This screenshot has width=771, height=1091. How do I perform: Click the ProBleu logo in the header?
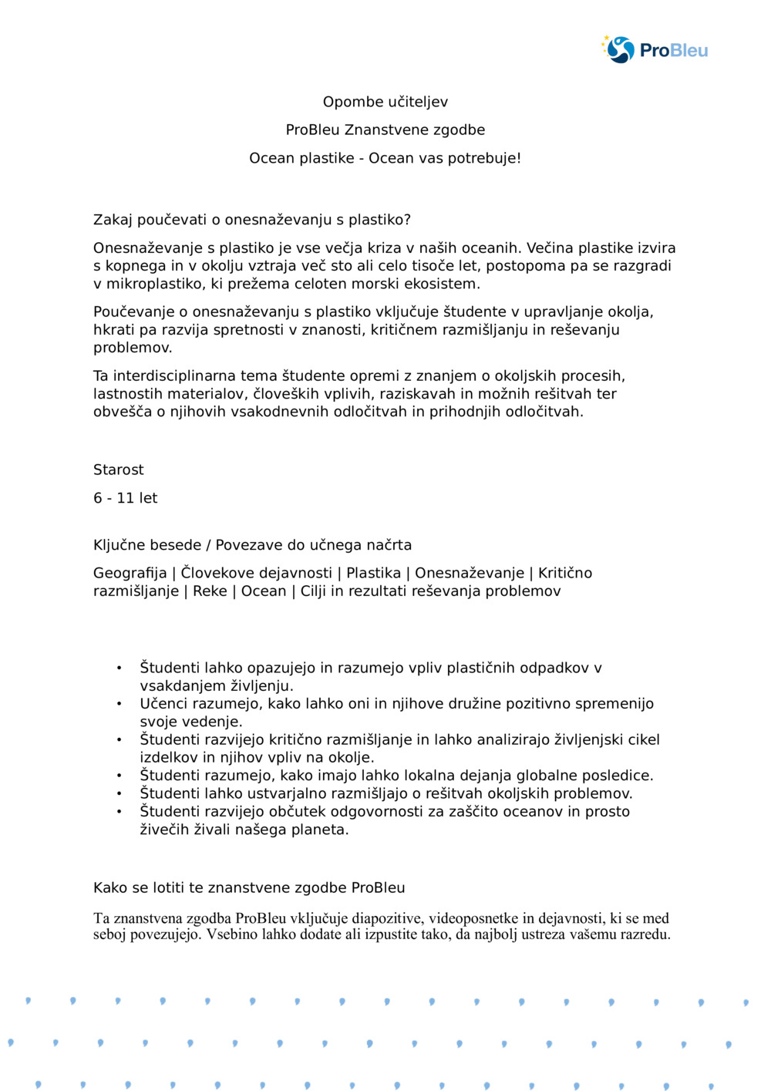tap(655, 50)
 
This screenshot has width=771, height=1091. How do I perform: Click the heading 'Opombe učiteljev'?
tap(385, 102)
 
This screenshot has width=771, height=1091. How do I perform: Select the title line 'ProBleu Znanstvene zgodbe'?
tap(385, 130)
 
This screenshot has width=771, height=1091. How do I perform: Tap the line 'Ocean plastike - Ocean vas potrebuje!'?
tap(385, 158)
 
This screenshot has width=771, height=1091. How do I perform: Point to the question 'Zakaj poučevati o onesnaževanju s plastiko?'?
tap(252, 220)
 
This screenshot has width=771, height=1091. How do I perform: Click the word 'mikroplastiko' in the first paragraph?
tap(151, 284)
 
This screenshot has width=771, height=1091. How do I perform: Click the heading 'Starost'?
tap(118, 470)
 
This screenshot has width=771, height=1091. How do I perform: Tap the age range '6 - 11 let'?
tap(125, 498)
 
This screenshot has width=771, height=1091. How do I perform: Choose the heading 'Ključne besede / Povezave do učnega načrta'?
tap(252, 545)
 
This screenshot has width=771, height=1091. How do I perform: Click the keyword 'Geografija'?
tap(130, 573)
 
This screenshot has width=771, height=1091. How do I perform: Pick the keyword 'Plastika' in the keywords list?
tap(373, 573)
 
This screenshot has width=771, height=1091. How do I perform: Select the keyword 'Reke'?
tap(210, 591)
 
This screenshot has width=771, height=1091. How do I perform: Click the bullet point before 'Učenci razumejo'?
tap(120, 704)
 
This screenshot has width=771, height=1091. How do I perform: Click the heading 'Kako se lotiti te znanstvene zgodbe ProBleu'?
tap(249, 887)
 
